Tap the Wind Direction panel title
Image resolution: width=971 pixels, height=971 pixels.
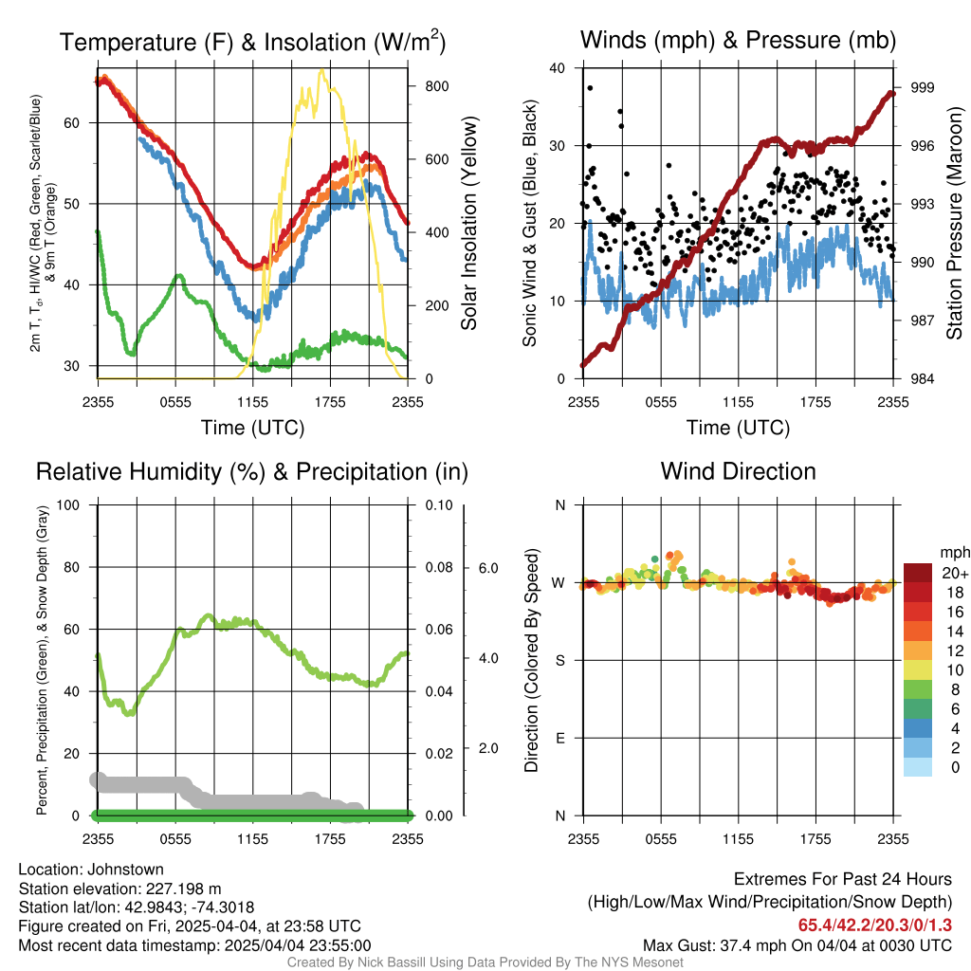(x=738, y=471)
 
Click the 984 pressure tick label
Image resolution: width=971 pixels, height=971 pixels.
(x=922, y=378)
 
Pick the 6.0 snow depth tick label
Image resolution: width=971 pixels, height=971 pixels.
(x=488, y=568)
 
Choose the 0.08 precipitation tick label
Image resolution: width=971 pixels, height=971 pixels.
(x=439, y=567)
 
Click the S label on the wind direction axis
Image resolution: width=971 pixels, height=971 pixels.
(x=560, y=661)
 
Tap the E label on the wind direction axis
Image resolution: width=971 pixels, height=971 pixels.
(x=560, y=738)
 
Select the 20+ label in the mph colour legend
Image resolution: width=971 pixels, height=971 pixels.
(x=954, y=573)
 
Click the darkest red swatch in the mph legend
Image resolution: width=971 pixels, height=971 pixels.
(x=918, y=573)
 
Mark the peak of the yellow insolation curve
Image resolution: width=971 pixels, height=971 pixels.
(x=321, y=70)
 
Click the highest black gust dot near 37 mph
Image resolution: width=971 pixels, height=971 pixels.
(x=590, y=88)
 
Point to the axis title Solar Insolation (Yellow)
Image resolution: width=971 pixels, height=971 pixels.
(x=468, y=224)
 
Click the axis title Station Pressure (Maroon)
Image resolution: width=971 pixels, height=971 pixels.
(x=954, y=223)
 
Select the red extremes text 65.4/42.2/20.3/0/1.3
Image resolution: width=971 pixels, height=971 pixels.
(x=874, y=925)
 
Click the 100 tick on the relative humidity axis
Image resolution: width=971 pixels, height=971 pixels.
(x=68, y=505)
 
